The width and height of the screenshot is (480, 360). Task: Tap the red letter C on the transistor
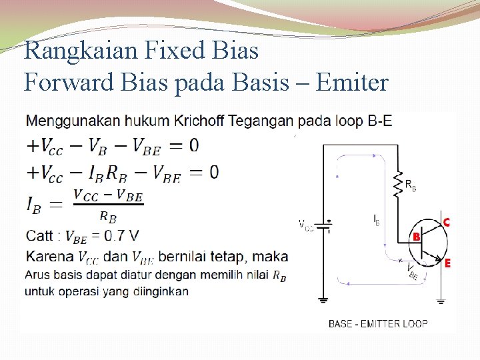click(x=446, y=222)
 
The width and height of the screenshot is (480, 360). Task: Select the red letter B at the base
click(x=416, y=237)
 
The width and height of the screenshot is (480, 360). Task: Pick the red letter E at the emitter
click(x=447, y=263)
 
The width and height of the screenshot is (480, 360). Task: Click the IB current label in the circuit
click(x=377, y=219)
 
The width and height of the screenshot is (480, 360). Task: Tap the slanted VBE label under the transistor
click(x=411, y=270)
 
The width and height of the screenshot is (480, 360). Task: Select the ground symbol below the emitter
click(x=441, y=301)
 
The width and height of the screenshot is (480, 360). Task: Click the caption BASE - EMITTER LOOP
click(x=378, y=324)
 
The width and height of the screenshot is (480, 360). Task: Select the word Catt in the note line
click(x=39, y=235)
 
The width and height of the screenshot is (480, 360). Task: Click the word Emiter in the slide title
click(x=353, y=83)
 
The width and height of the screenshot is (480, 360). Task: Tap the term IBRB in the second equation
click(x=108, y=173)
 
